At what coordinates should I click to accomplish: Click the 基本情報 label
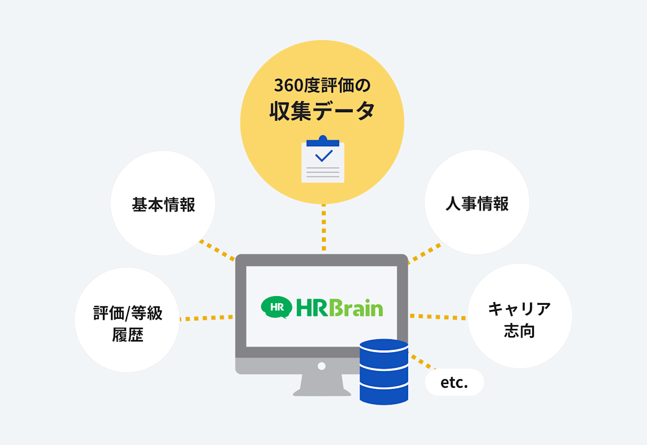163,205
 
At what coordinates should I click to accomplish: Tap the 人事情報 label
477,203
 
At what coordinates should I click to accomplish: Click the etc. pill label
454,383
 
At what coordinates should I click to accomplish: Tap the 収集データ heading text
322,112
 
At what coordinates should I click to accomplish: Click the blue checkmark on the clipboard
323,155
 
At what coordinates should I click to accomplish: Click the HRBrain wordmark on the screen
340,307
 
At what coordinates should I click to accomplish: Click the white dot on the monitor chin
321,366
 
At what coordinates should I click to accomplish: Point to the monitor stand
321,386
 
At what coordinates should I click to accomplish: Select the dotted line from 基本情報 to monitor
217,250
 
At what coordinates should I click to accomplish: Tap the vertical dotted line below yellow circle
323,228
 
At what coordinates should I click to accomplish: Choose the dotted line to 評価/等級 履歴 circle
207,318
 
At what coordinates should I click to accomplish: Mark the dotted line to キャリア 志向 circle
438,317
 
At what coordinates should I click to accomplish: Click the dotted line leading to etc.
421,362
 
